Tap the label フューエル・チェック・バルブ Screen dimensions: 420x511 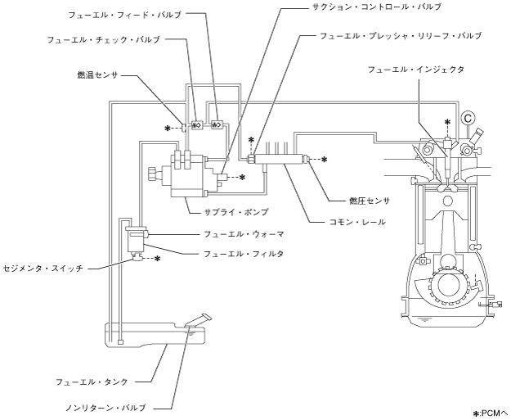(x=114, y=38)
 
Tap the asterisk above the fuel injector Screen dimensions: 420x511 (x=447, y=122)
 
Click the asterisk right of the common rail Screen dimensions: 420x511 (x=324, y=160)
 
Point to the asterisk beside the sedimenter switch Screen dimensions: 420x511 (x=157, y=259)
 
